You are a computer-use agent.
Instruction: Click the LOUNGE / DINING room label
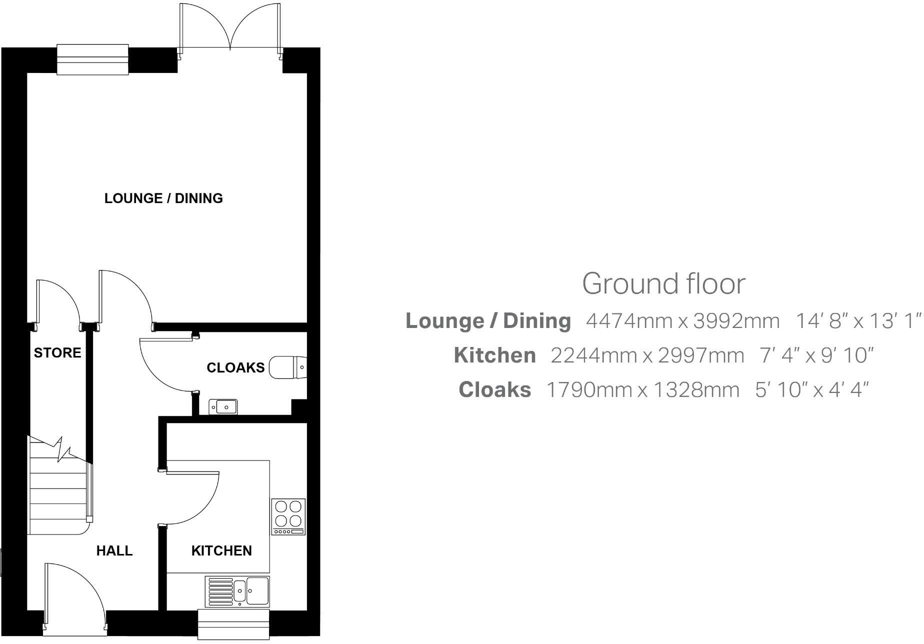coord(163,198)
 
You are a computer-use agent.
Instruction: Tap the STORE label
coord(57,353)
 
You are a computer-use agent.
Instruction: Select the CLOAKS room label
coord(235,368)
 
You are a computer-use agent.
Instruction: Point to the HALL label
coord(114,551)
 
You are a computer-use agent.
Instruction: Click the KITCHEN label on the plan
coord(221,551)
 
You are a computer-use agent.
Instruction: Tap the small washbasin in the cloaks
coord(223,407)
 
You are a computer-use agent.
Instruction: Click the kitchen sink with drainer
coord(237,591)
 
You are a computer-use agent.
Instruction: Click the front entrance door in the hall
coord(75,595)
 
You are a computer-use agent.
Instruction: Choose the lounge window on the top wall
coord(92,59)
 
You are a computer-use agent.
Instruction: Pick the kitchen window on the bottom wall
coord(234,624)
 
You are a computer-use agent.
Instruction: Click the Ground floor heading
coord(663,283)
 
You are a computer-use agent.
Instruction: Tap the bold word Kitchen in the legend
coord(494,355)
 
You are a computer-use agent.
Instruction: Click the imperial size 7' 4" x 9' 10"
coord(816,355)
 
